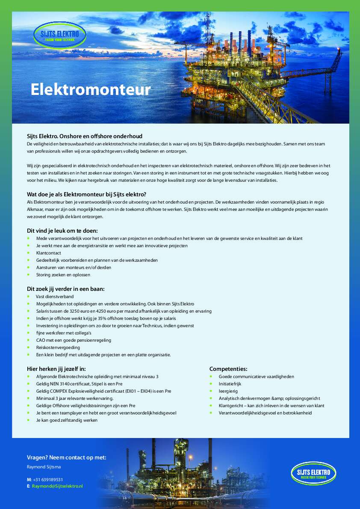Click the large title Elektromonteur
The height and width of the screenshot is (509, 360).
click(91, 89)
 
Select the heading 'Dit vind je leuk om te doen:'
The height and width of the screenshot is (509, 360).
click(62, 231)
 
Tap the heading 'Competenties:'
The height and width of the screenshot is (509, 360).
click(228, 369)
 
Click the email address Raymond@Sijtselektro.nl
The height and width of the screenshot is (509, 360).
click(57, 486)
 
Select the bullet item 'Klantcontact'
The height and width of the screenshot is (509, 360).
click(49, 253)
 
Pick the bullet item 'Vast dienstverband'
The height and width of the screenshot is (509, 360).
click(55, 296)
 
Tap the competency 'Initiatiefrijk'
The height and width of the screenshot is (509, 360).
click(230, 384)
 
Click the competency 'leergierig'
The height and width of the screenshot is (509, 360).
click(227, 391)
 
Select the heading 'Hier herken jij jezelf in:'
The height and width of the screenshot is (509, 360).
click(59, 369)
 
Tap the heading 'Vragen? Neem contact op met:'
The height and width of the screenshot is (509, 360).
click(66, 457)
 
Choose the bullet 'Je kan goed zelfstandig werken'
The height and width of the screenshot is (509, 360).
click(67, 420)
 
